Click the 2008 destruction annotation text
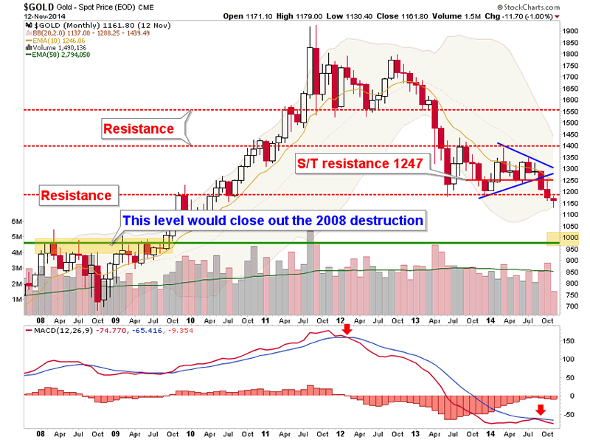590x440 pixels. [272, 220]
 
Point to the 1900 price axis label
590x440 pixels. [569, 32]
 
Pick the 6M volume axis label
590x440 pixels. [15, 221]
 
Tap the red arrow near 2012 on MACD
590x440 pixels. [347, 340]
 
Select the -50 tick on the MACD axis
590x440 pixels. [568, 416]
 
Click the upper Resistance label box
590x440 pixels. [139, 128]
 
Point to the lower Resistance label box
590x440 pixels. [76, 196]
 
